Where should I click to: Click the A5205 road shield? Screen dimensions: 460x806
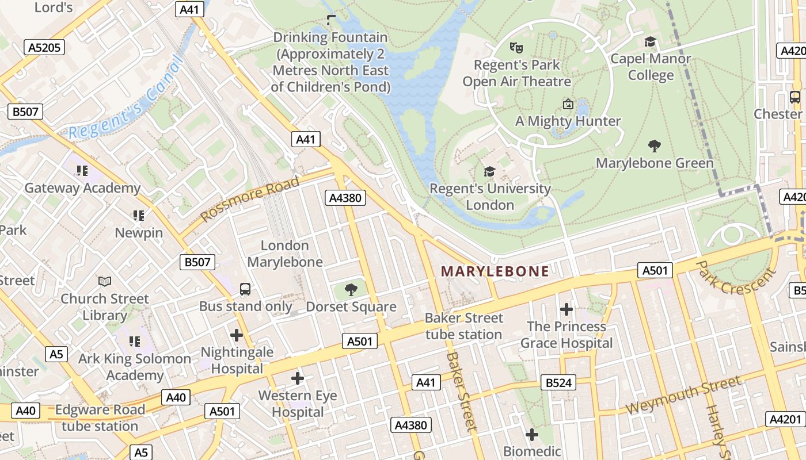click(x=44, y=47)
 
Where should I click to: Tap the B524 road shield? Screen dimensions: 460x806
click(x=558, y=382)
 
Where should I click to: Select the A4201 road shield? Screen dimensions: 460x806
click(x=786, y=419)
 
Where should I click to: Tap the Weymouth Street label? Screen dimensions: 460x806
click(x=683, y=395)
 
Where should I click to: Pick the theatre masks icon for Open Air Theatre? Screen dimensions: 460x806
click(x=516, y=48)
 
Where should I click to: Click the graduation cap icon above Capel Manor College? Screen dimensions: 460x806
click(x=650, y=42)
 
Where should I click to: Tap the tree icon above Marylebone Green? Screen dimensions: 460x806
click(x=654, y=146)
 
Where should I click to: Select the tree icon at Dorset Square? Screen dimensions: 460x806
click(x=351, y=289)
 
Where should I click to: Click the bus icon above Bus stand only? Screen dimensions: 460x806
click(x=245, y=289)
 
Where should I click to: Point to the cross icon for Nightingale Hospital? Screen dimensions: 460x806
click(x=236, y=335)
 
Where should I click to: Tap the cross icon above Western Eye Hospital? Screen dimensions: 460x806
click(x=297, y=378)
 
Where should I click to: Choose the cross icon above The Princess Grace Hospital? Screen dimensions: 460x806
click(x=566, y=309)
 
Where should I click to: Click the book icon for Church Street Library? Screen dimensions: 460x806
click(x=104, y=281)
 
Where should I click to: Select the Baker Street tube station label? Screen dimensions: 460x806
click(x=463, y=326)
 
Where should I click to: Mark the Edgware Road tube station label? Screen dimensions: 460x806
click(x=100, y=418)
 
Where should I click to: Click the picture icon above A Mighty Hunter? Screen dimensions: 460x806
click(x=568, y=104)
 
